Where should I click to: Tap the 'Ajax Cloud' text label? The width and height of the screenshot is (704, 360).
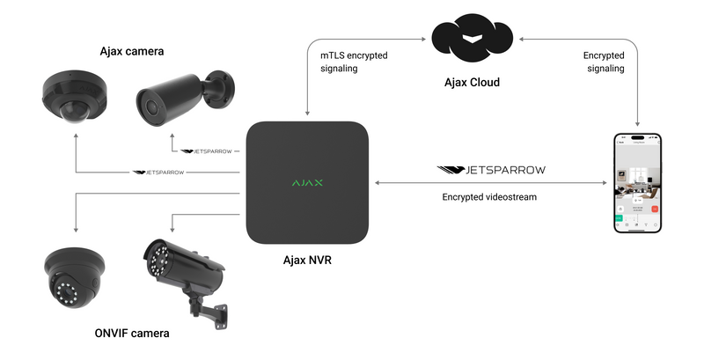[471, 83]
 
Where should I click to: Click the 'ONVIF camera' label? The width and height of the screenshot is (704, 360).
[131, 334]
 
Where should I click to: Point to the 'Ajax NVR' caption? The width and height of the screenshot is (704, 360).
[306, 261]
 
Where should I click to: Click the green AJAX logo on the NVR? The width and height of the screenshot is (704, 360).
[306, 183]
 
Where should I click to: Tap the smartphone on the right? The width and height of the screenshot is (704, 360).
[636, 183]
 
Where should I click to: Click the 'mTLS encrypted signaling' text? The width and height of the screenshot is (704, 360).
[353, 62]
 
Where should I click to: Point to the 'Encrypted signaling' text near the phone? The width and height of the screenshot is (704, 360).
[604, 62]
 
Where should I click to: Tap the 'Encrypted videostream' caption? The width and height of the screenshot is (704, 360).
[489, 197]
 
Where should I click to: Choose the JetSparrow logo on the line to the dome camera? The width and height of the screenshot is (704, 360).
[158, 173]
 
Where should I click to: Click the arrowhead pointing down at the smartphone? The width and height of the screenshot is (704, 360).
[636, 125]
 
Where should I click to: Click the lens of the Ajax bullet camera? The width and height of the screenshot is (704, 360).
[150, 110]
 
